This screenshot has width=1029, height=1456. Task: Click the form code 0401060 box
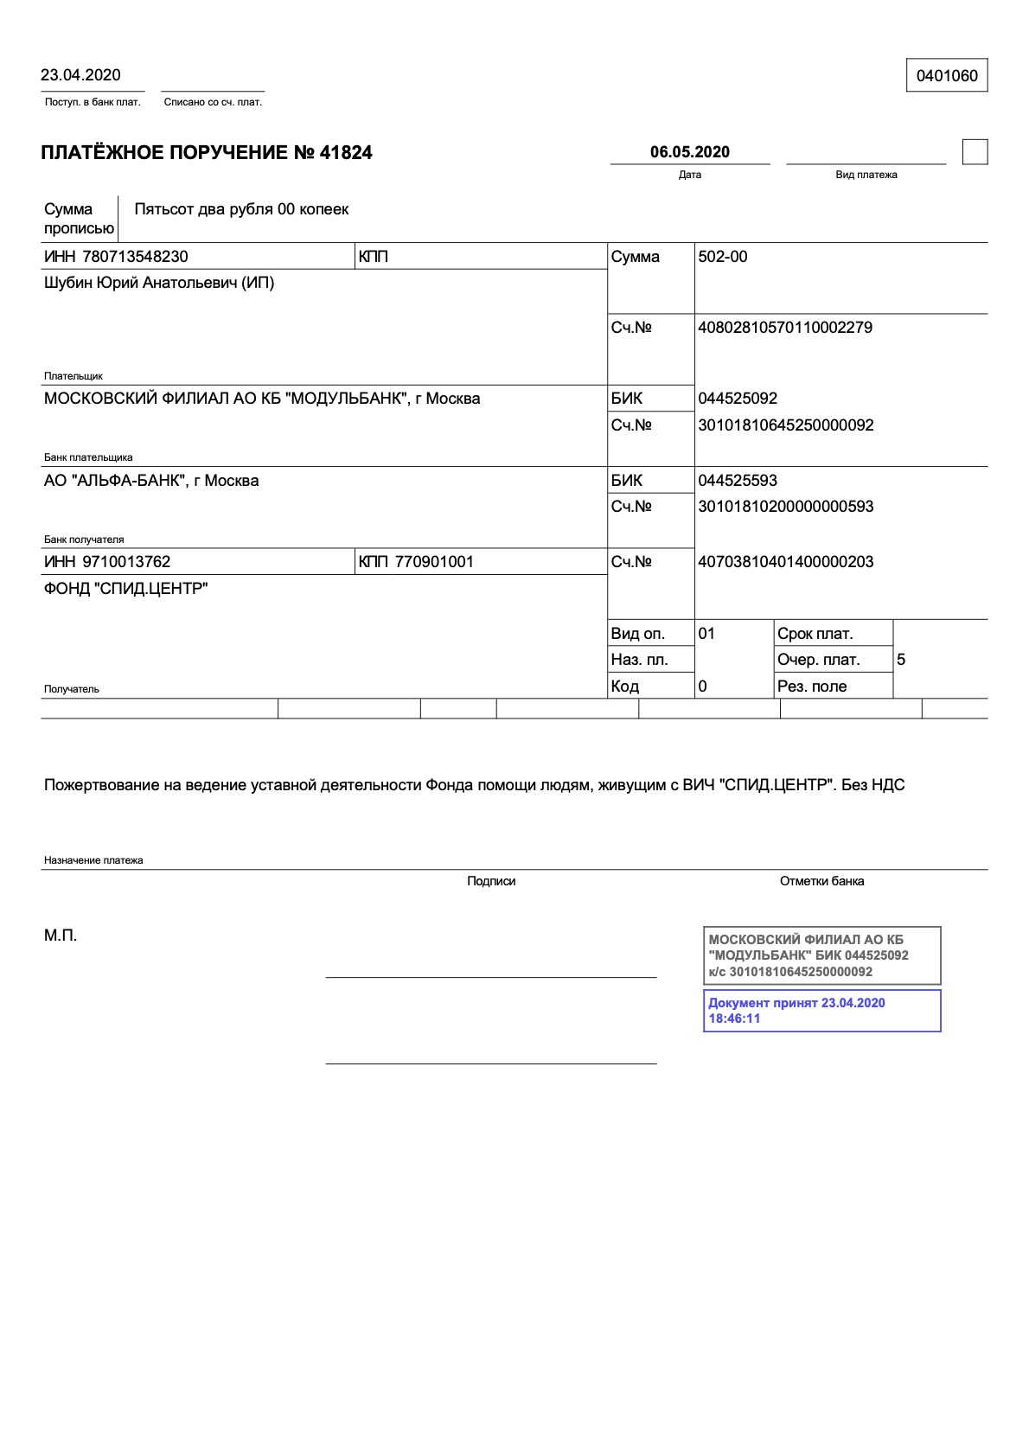click(947, 76)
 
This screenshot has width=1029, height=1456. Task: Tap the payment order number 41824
click(346, 153)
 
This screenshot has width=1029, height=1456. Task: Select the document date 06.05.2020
click(689, 152)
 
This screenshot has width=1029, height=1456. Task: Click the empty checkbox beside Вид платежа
click(975, 152)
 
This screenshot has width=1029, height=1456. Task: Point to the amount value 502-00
click(722, 257)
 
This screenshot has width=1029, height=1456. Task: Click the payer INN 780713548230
click(135, 257)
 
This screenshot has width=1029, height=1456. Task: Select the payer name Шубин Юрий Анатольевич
click(158, 283)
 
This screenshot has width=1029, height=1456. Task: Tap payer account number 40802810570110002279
click(784, 328)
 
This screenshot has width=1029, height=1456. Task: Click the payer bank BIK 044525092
click(737, 399)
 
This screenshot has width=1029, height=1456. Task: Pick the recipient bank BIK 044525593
click(737, 481)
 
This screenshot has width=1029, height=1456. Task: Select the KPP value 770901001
click(434, 562)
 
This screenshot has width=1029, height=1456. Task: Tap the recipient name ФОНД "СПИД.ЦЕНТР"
click(125, 589)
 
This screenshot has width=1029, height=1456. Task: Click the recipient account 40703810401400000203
click(785, 562)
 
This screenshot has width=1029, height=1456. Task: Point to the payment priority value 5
click(901, 660)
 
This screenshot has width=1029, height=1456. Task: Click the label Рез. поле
click(811, 686)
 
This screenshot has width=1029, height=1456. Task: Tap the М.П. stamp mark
click(61, 936)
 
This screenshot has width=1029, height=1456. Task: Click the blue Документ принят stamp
click(821, 1011)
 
